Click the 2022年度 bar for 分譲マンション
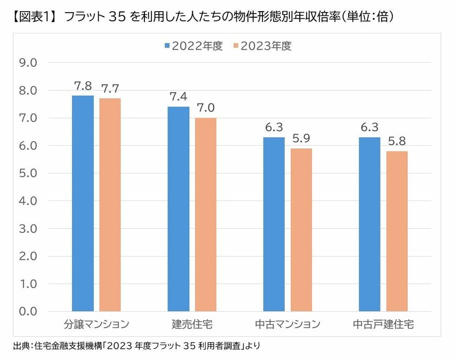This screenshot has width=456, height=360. pyautogui.click(x=83, y=203)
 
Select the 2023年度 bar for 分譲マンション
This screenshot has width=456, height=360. pyautogui.click(x=110, y=205)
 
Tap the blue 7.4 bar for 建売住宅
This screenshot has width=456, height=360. pyautogui.click(x=178, y=209)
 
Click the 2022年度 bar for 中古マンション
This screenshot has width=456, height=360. pyautogui.click(x=274, y=224)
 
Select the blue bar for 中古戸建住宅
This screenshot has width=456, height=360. pyautogui.click(x=370, y=224)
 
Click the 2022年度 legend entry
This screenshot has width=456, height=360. pyautogui.click(x=193, y=46)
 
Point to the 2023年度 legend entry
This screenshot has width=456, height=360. pyautogui.click(x=262, y=46)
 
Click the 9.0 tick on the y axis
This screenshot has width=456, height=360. pyautogui.click(x=27, y=63)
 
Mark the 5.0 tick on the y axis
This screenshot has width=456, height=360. pyautogui.click(x=27, y=173)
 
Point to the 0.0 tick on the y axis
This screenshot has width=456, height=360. pyautogui.click(x=27, y=311)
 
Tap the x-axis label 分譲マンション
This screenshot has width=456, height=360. pyautogui.click(x=96, y=324)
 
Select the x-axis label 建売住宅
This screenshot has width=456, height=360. pyautogui.click(x=192, y=324)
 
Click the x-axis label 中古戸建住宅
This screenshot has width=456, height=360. pyautogui.click(x=384, y=324)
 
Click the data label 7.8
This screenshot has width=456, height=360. pyautogui.click(x=83, y=86)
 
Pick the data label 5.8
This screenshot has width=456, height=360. pyautogui.click(x=397, y=141)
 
